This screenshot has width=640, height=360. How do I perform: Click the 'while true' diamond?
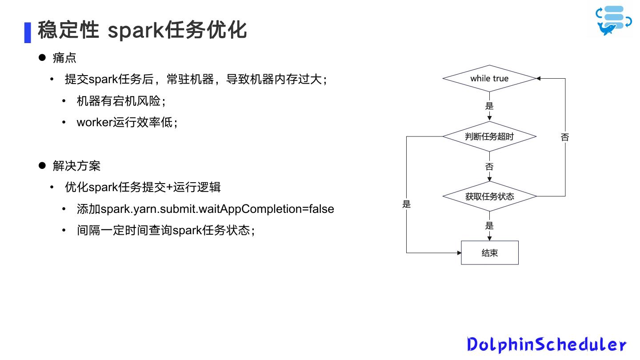tap(489, 79)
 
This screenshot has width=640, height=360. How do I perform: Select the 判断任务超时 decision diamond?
tap(489, 136)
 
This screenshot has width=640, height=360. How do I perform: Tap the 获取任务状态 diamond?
tap(489, 196)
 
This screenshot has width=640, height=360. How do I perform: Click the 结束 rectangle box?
tap(489, 253)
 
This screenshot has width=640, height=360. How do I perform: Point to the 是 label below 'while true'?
tap(489, 106)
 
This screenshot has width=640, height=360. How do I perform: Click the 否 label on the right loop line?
tap(565, 137)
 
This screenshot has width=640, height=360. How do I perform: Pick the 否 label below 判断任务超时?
tap(489, 167)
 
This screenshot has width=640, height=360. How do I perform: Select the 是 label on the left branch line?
tap(406, 204)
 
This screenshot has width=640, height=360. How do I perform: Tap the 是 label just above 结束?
tap(489, 226)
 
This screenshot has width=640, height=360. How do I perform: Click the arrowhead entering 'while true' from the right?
tap(538, 79)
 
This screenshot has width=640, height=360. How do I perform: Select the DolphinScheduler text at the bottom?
tap(546, 344)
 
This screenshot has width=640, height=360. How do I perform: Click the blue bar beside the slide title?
tap(28, 32)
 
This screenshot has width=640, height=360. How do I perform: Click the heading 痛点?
tap(64, 58)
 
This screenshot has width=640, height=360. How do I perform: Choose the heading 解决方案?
tap(76, 166)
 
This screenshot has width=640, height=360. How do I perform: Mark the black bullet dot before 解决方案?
tap(42, 166)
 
